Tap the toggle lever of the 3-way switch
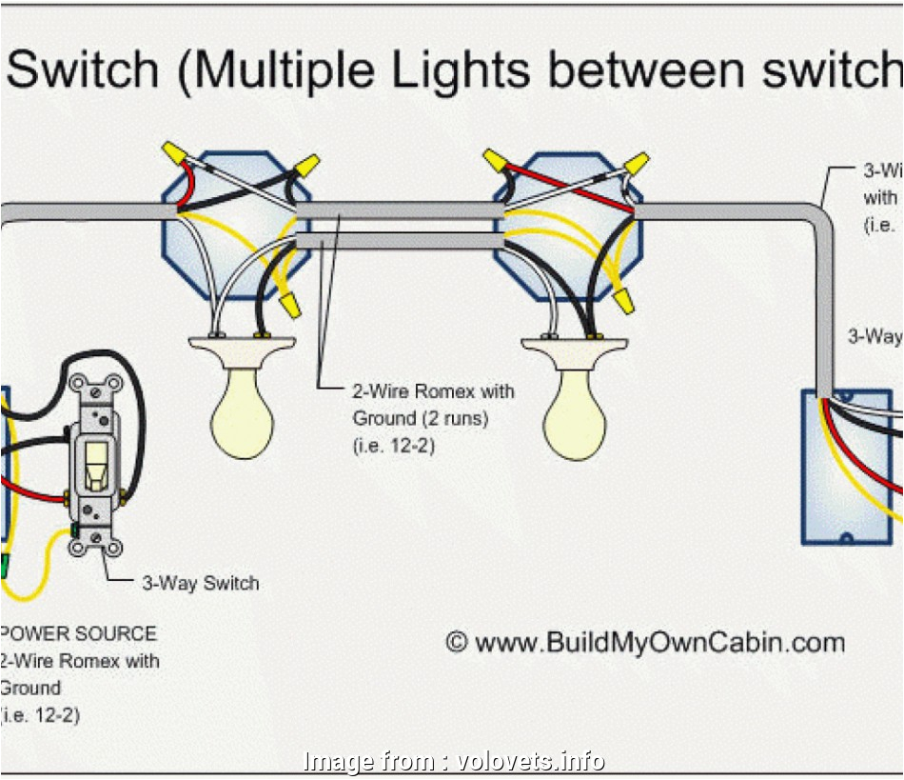(95, 466)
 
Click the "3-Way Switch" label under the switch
(200, 583)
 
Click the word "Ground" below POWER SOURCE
(31, 688)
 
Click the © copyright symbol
(457, 643)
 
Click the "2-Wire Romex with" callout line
(433, 390)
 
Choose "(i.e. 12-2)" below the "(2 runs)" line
(394, 444)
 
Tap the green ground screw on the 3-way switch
(74, 530)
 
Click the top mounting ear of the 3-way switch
(101, 387)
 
